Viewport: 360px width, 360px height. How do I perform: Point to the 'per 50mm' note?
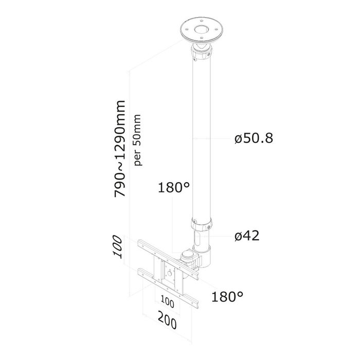137,139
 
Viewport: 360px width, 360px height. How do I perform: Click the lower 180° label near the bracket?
226,297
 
